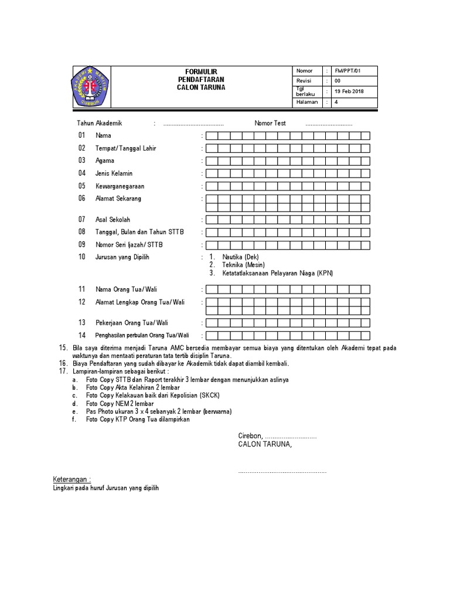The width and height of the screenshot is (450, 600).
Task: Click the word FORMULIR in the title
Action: [201, 71]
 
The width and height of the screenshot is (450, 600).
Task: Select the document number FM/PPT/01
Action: [347, 71]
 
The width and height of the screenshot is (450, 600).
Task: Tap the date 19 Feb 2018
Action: [349, 91]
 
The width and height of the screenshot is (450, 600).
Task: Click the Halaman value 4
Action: [336, 102]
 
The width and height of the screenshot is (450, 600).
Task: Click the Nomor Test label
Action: [270, 124]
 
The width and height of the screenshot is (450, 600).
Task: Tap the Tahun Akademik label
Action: [100, 124]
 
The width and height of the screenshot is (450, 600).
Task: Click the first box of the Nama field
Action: [212, 136]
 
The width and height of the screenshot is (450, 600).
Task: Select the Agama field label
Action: [105, 161]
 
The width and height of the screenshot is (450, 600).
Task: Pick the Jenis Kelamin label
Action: [114, 173]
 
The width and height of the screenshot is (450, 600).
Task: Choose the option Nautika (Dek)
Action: [240, 257]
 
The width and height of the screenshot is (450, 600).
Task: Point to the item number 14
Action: [82, 335]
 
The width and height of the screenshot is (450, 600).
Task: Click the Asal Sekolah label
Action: [113, 220]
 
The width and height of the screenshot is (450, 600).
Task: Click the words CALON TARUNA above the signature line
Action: [264, 445]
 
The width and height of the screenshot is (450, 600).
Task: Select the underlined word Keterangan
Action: [72, 479]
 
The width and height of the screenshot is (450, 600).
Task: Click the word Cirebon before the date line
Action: [250, 437]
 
